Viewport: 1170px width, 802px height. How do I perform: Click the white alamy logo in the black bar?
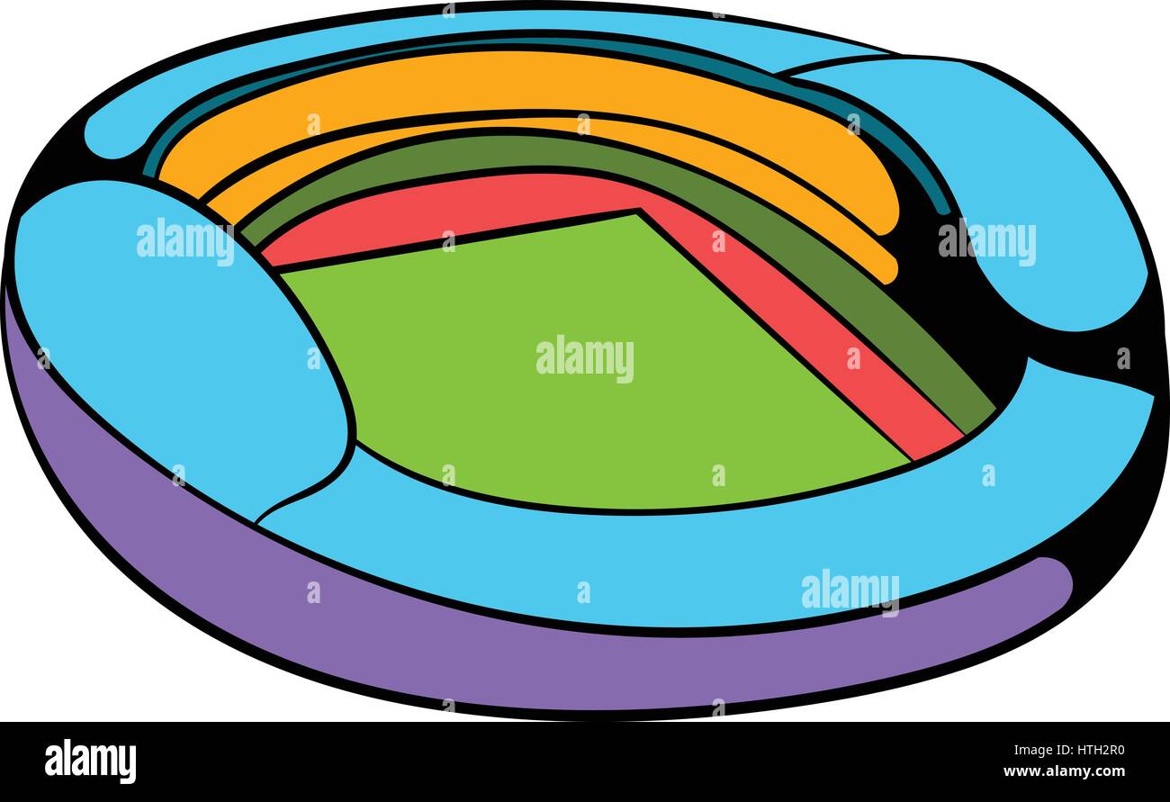pyautogui.click(x=90, y=761)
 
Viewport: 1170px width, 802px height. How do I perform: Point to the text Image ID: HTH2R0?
pyautogui.click(x=1069, y=751)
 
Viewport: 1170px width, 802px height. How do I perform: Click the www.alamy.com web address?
pyautogui.click(x=1064, y=771)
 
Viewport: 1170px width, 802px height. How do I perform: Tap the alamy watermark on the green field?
pyautogui.click(x=585, y=359)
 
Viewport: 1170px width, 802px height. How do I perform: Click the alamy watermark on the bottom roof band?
pyautogui.click(x=850, y=593)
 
